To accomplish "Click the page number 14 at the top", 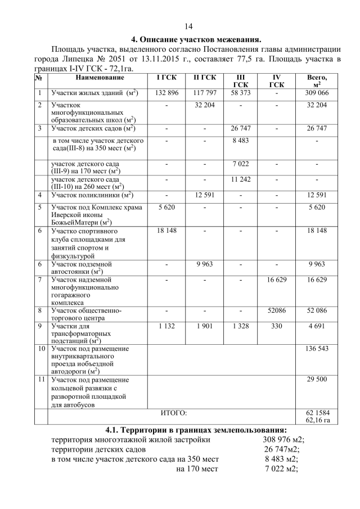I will pos(188,26).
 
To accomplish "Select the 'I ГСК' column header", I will pos(166,76).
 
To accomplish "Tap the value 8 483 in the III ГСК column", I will pos(240,140).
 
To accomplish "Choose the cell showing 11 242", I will pos(240,179).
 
